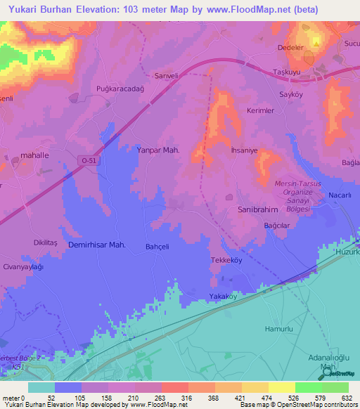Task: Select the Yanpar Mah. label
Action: point(158,150)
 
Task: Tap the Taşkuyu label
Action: point(287,72)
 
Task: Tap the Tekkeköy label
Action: point(226,259)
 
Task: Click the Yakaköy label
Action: point(224,297)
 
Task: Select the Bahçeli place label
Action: point(157,247)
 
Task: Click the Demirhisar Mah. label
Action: point(96,245)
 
